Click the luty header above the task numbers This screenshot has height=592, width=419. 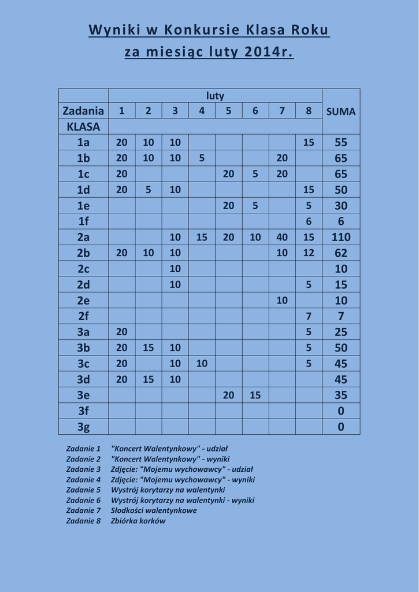coord(215,96)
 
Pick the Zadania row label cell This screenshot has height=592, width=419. coord(83,111)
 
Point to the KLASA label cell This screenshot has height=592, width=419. coord(83,127)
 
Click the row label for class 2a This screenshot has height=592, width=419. coord(83,237)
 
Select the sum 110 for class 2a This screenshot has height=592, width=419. coord(341,237)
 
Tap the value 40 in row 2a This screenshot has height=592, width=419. coord(282,237)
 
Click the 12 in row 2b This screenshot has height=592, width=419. coord(309,253)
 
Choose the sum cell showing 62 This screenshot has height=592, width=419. coord(341,253)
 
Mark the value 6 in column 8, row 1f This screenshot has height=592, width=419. coord(309,221)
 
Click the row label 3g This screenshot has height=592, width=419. coord(83,427)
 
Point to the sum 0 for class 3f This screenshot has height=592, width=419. coord(341,411)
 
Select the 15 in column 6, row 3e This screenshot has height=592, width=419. coord(255,395)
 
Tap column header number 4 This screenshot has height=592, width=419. coord(202,111)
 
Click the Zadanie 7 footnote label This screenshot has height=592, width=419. coord(83,510)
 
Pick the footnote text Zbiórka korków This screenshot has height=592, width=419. coord(138,521)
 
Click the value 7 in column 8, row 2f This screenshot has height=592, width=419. coord(309,316)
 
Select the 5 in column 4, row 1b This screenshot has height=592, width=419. coord(202,158)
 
